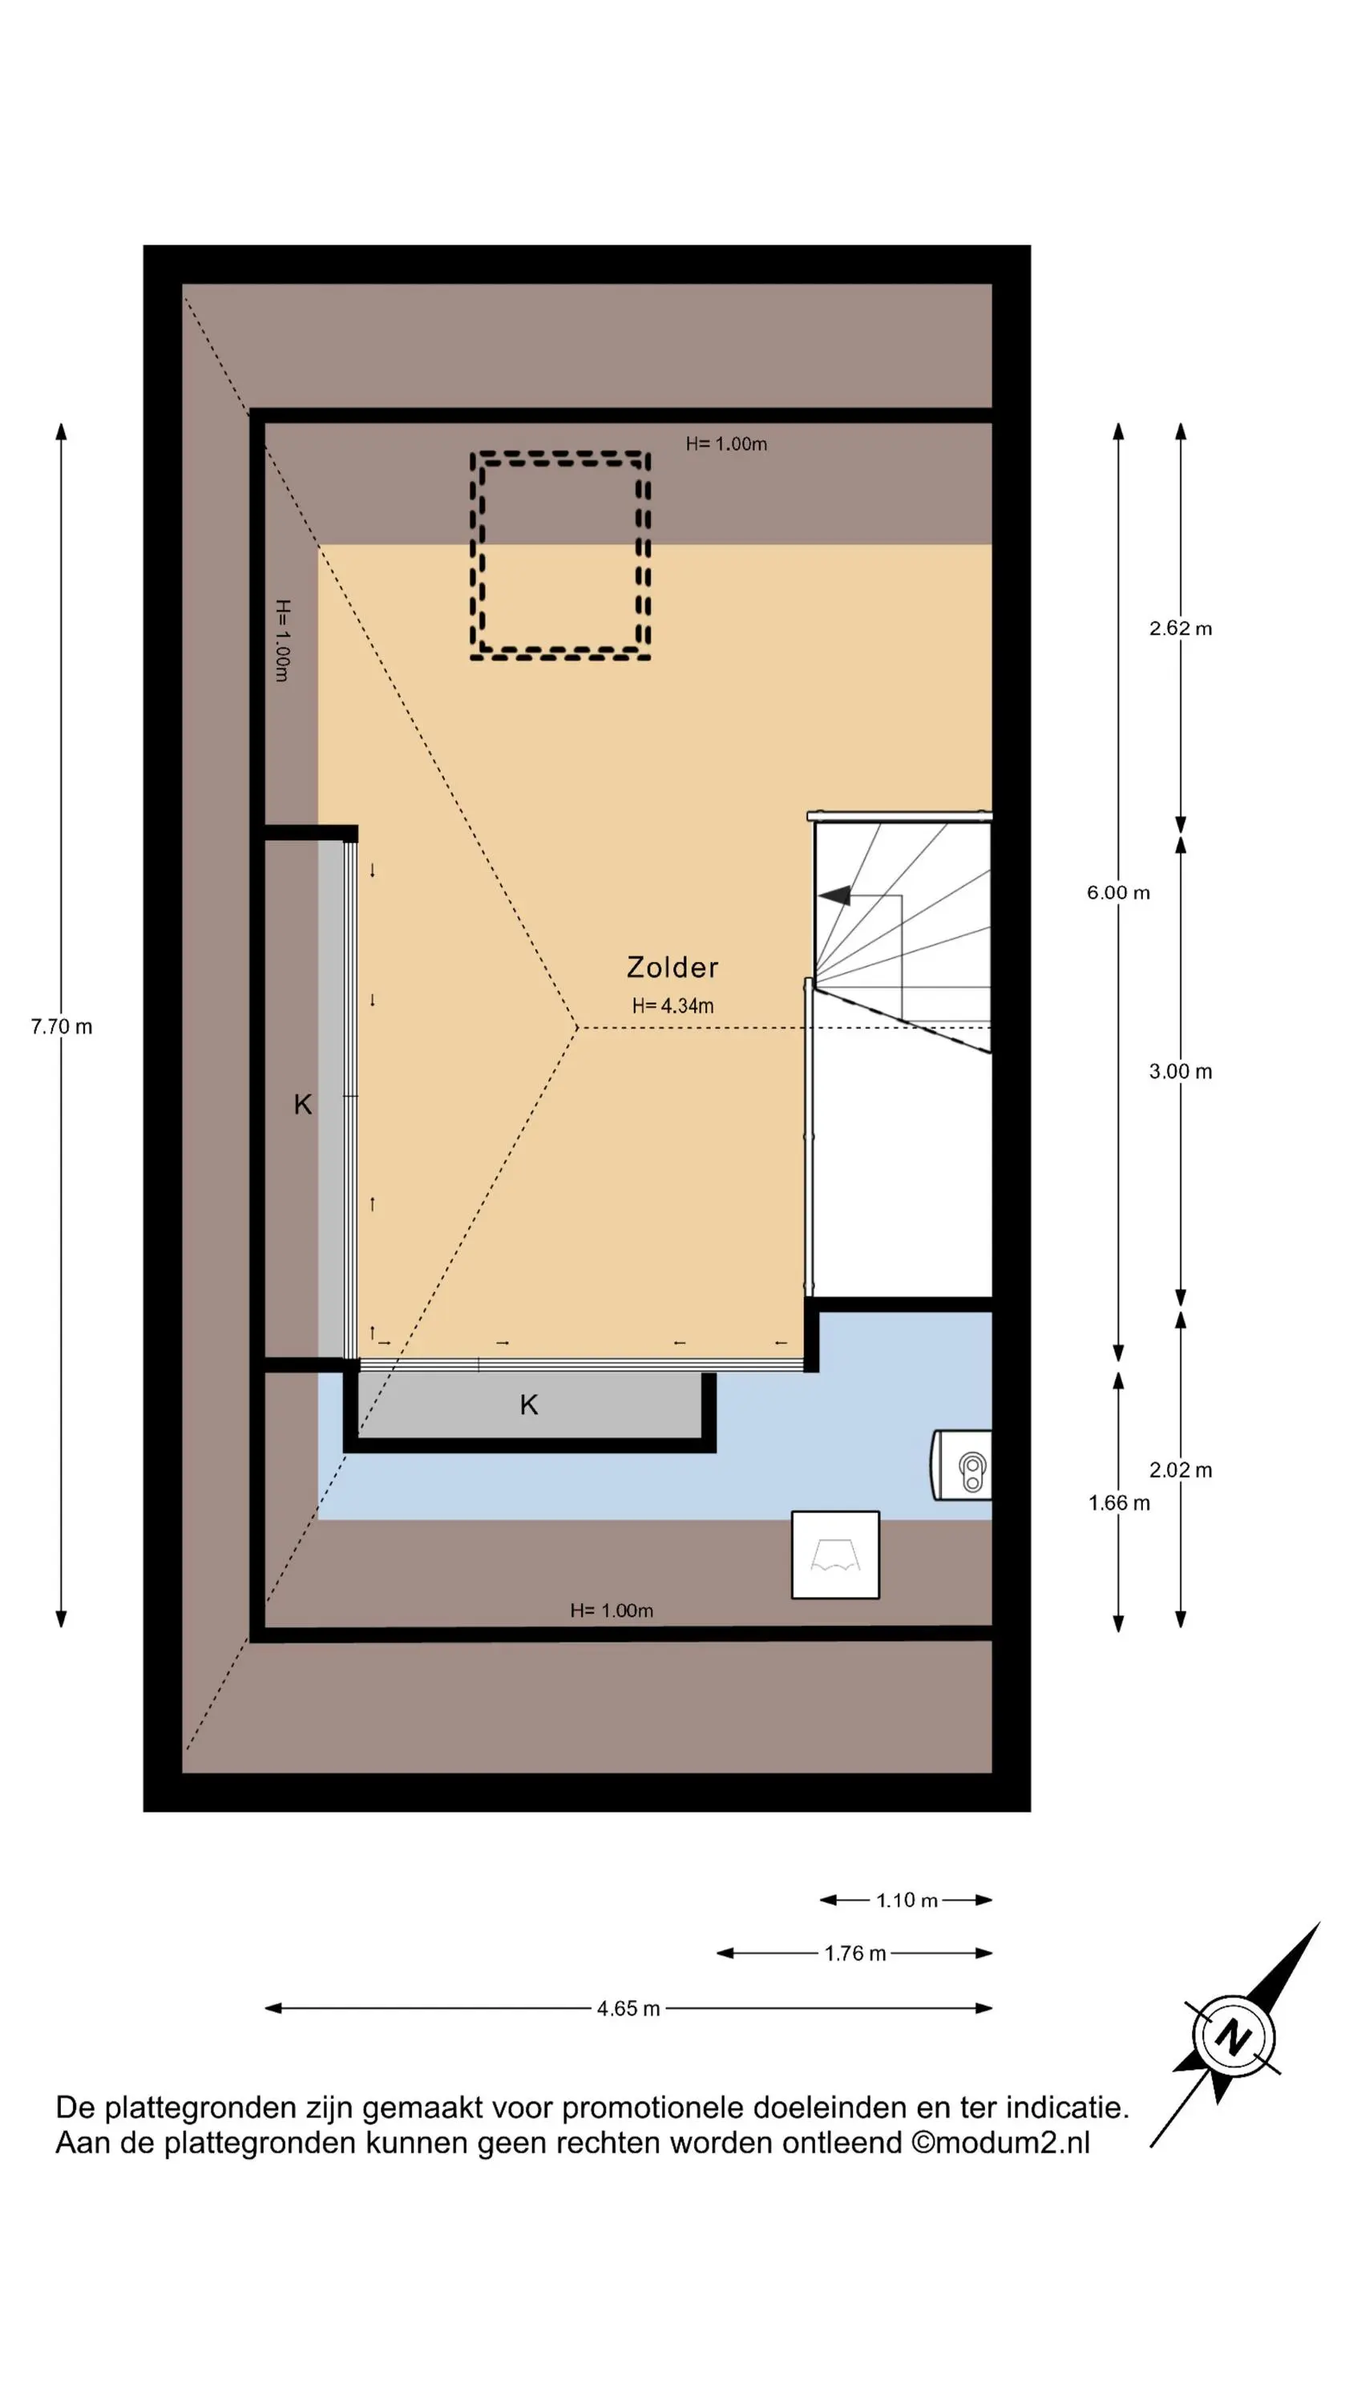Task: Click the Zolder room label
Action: [x=672, y=968]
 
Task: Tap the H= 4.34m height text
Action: [x=672, y=1005]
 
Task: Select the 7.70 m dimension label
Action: [x=62, y=1027]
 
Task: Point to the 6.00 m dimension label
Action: [x=1117, y=892]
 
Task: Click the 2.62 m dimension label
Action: [x=1180, y=629]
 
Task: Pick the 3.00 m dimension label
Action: [x=1180, y=1072]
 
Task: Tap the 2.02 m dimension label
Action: [x=1180, y=1470]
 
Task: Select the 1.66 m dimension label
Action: [x=1119, y=1503]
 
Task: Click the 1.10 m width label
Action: [x=907, y=1901]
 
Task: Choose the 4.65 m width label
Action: [x=628, y=2009]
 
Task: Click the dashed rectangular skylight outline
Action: [x=471, y=556]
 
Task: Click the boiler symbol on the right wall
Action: [x=962, y=1464]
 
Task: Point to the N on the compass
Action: [x=1234, y=2038]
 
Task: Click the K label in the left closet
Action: [x=302, y=1105]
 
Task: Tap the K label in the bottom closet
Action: [x=528, y=1405]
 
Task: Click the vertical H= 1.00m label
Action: [x=282, y=641]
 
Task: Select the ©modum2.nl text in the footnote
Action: [x=1000, y=2143]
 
